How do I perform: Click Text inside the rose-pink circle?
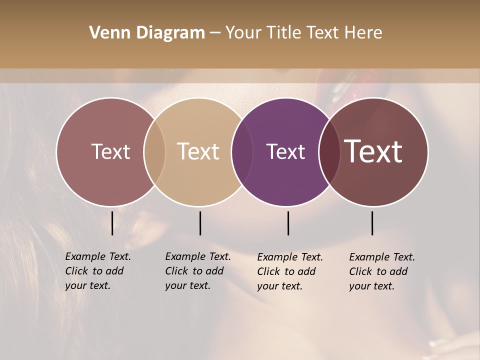pos(110,152)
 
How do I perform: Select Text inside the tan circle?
pos(198,152)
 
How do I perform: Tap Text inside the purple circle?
pos(286,152)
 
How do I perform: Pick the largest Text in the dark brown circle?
pos(373,152)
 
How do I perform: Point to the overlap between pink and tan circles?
pos(154,152)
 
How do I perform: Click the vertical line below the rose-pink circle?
pos(112,223)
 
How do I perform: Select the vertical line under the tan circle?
pos(200,223)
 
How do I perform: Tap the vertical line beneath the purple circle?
pos(288,223)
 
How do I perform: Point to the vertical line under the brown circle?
pos(372,223)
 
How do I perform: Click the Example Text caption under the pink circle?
pos(98,271)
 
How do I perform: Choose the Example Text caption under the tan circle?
pos(198,271)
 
